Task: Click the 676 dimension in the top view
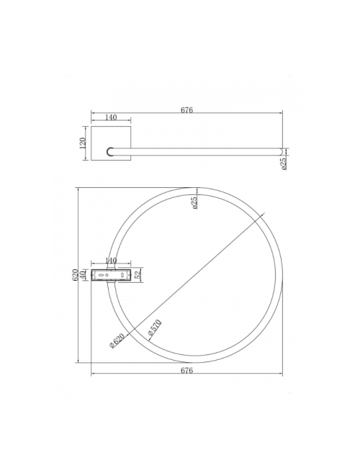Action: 187,110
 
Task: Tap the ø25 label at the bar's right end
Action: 284,163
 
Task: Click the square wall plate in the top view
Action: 111,145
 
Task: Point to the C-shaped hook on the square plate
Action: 110,152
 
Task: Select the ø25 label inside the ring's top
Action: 194,203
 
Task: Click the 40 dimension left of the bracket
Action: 83,274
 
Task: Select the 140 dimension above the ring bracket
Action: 111,261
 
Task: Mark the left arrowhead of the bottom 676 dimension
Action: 93,375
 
